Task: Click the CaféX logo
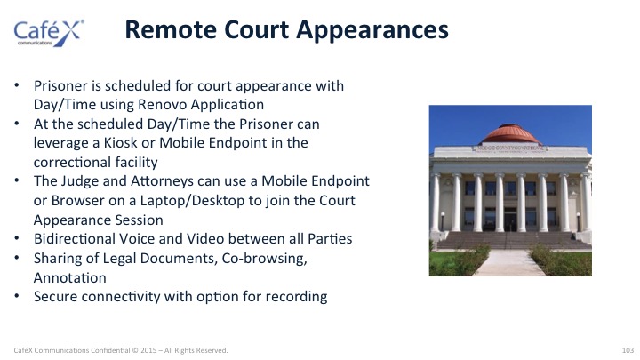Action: tap(49, 33)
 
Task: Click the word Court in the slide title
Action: tap(257, 30)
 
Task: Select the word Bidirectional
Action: tap(75, 239)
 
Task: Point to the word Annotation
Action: tap(70, 278)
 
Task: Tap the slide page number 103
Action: tap(628, 350)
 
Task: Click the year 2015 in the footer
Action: tap(148, 350)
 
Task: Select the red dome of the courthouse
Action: tap(510, 134)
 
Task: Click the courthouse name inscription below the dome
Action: tap(510, 148)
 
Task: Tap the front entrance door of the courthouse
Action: tap(510, 220)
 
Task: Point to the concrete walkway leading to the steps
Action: tap(508, 263)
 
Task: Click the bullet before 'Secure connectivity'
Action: tap(17, 296)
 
